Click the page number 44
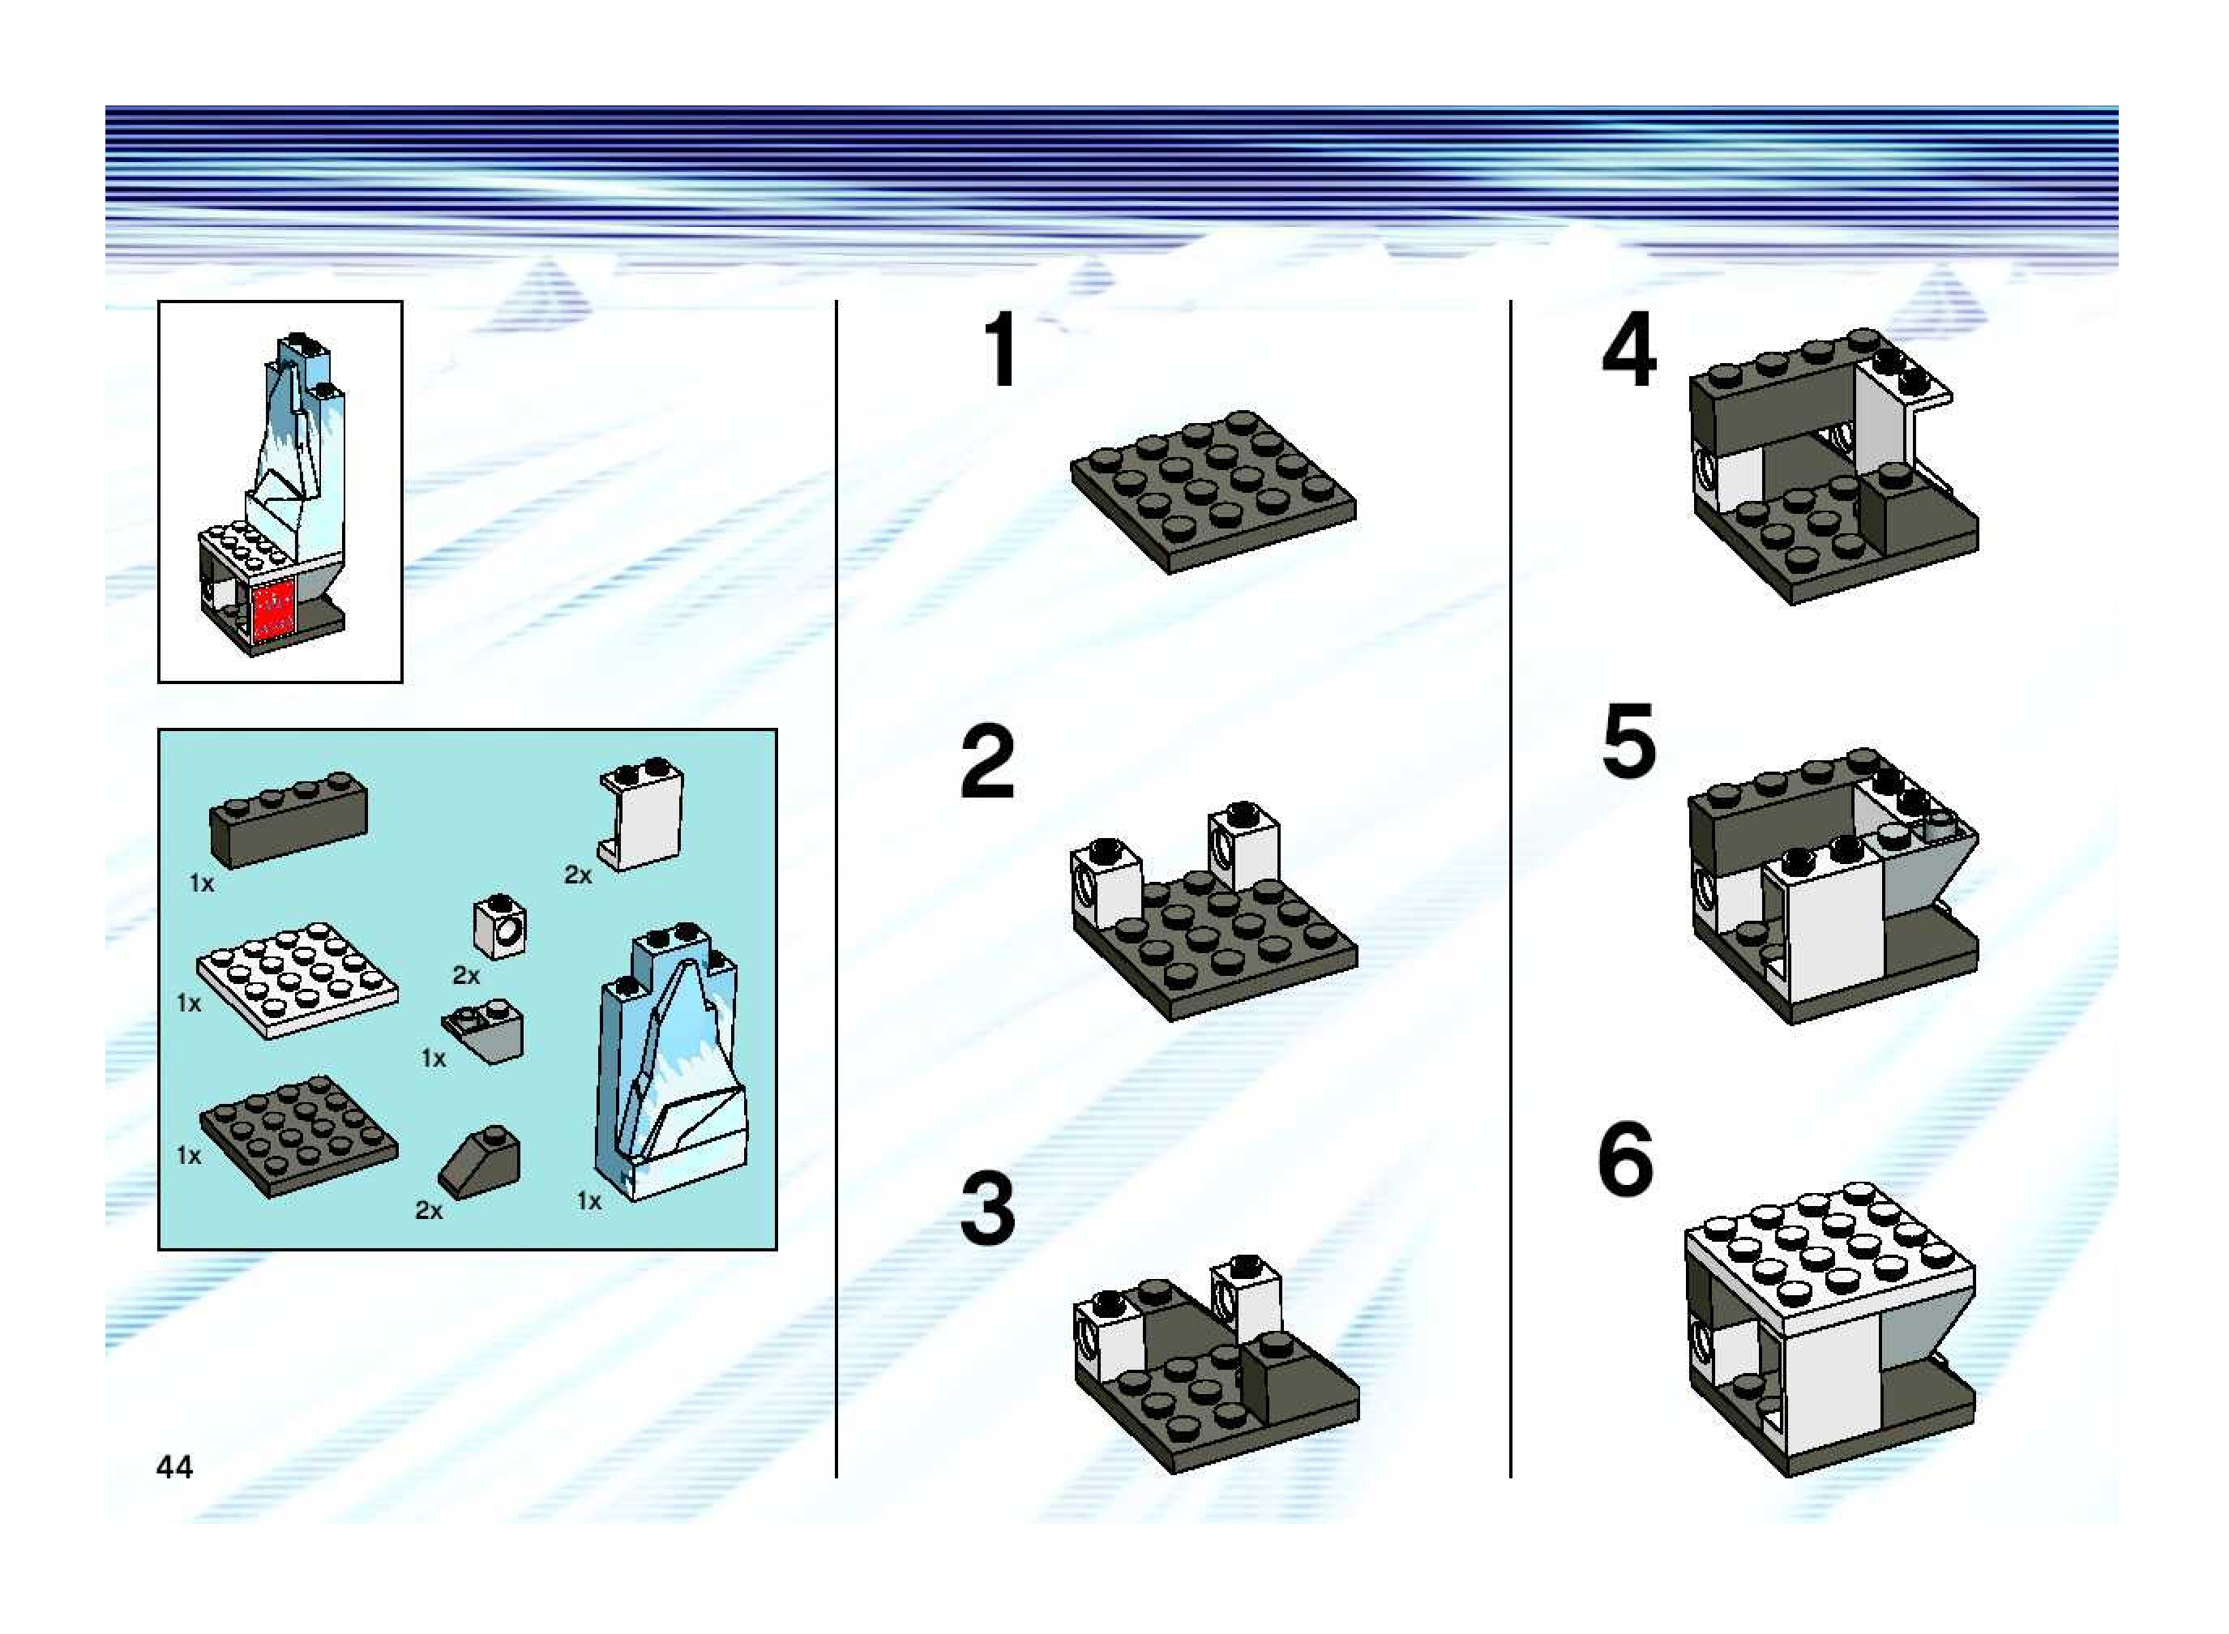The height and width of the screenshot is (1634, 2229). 174,1466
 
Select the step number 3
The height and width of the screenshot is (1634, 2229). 987,1208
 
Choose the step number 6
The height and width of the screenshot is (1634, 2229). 1625,1158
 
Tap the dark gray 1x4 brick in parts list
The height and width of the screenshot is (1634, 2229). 288,819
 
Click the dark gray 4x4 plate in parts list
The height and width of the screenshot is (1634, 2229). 298,1136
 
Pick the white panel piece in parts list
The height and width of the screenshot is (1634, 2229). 641,815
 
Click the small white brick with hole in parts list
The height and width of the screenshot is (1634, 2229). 499,926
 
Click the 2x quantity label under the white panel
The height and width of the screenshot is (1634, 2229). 578,875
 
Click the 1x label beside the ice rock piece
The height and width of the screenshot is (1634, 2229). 588,1200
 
